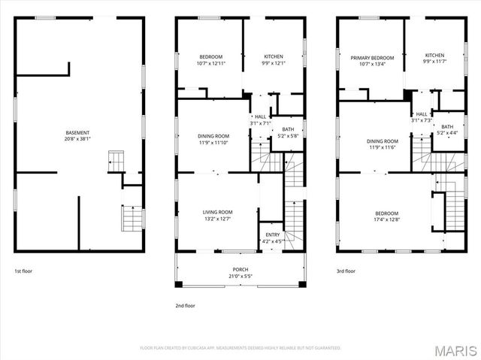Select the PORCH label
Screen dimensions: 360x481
(240, 270)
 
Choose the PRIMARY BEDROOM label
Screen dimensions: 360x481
(372, 58)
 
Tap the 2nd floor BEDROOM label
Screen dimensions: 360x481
(210, 58)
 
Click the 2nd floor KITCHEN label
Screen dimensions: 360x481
(273, 58)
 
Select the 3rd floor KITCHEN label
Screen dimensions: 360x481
(434, 55)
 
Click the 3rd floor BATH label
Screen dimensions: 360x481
(447, 126)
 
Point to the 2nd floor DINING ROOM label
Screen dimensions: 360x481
(213, 136)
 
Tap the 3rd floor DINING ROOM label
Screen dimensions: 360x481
(383, 141)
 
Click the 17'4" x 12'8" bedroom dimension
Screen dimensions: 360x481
(387, 219)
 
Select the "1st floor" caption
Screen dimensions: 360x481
(23, 271)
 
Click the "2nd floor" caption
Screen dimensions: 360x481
(185, 306)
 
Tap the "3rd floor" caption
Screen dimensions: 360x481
(346, 271)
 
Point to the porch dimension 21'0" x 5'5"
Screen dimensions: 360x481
(240, 276)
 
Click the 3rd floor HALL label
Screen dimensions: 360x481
(422, 113)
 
